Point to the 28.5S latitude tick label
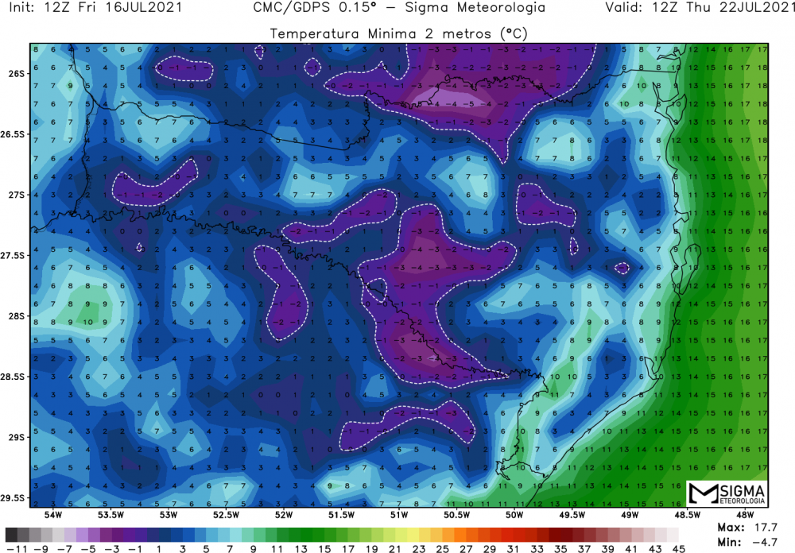click(15, 377)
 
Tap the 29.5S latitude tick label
click(15, 498)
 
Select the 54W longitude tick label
click(53, 515)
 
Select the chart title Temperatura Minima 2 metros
click(399, 34)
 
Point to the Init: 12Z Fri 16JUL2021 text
click(95, 10)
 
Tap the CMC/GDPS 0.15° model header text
click(399, 10)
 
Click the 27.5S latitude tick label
click(15, 255)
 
